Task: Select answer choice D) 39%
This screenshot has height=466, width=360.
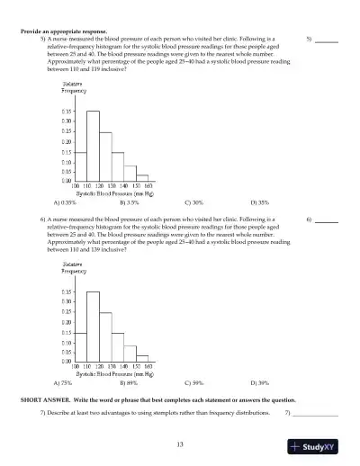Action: tap(260, 382)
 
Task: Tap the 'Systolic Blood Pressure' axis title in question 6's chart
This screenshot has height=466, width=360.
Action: tap(112, 373)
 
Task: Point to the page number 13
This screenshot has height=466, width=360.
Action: tap(180, 444)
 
